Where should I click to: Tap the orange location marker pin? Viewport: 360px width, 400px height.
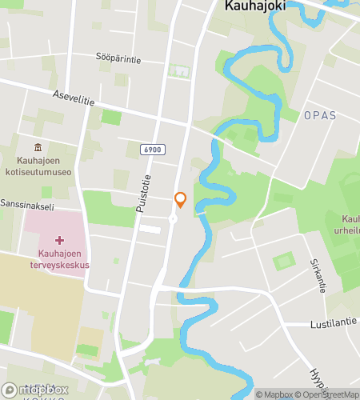pyautogui.click(x=181, y=200)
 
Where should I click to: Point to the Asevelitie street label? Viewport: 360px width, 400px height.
pyautogui.click(x=74, y=96)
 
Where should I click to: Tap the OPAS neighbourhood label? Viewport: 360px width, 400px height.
pyautogui.click(x=320, y=116)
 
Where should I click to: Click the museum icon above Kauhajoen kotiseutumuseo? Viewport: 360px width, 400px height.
pyautogui.click(x=38, y=147)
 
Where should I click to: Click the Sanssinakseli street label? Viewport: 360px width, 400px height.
pyautogui.click(x=26, y=205)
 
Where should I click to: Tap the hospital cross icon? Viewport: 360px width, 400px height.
pyautogui.click(x=59, y=241)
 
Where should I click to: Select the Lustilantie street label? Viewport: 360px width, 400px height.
pyautogui.click(x=334, y=324)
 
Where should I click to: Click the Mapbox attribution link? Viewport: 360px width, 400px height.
pyautogui.click(x=274, y=394)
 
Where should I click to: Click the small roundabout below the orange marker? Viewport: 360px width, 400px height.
pyautogui.click(x=172, y=218)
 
